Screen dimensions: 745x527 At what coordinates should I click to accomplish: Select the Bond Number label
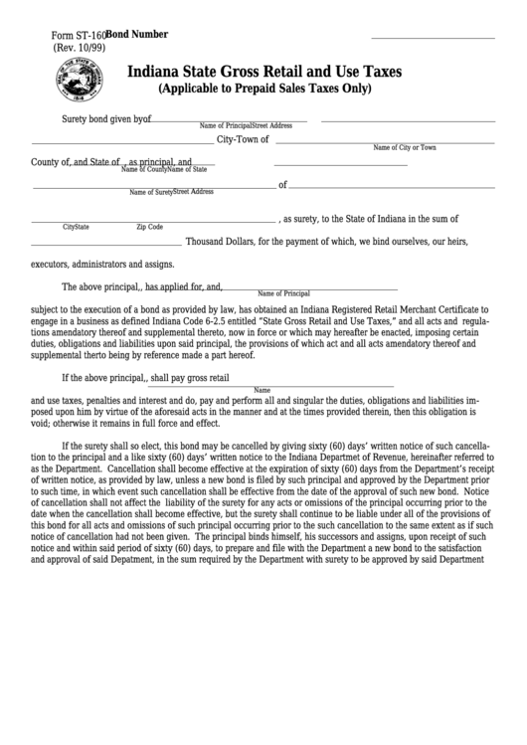click(x=140, y=34)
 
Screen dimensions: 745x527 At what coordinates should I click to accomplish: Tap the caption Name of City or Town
click(x=405, y=147)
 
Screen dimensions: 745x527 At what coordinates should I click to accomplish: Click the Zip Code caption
click(x=150, y=228)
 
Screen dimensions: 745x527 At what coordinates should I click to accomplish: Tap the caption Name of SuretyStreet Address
click(x=171, y=192)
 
